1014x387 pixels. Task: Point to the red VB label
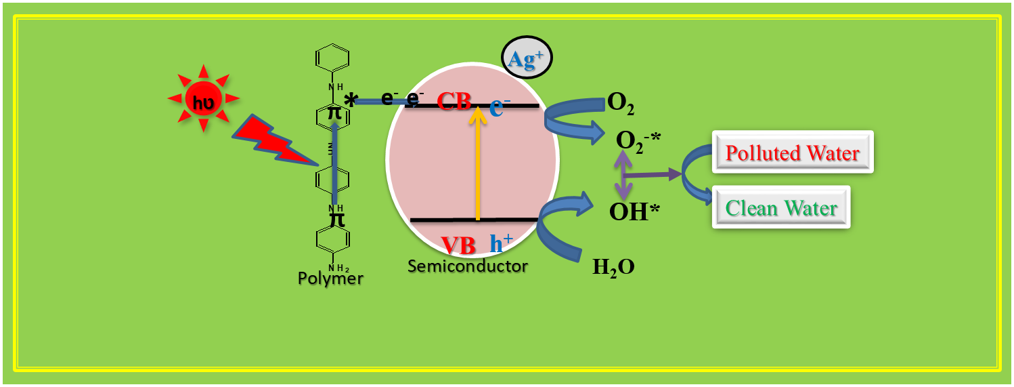(x=458, y=245)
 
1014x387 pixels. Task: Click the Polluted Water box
(x=793, y=152)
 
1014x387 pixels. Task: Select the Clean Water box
(x=781, y=207)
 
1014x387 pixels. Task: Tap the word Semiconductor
(x=467, y=266)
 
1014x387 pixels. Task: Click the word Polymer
(x=330, y=278)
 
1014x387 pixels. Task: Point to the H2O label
(x=613, y=267)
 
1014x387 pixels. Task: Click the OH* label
(x=635, y=212)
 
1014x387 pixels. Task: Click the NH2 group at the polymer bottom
(x=334, y=266)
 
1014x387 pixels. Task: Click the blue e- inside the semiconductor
(x=499, y=106)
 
